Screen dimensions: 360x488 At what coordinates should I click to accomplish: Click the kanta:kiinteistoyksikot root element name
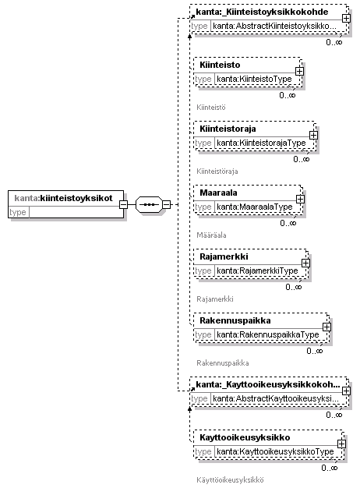click(63, 198)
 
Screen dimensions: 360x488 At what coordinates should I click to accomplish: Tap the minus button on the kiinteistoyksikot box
click(124, 204)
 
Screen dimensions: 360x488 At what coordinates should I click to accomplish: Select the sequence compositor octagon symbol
click(149, 204)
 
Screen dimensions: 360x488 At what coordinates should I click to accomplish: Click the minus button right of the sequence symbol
click(167, 204)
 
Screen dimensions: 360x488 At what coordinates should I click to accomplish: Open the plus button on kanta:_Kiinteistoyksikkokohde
click(346, 19)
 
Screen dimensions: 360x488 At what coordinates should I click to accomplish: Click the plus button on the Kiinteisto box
click(299, 72)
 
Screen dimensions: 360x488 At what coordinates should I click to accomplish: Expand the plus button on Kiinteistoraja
click(313, 136)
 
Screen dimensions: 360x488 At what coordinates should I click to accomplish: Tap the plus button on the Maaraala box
click(300, 200)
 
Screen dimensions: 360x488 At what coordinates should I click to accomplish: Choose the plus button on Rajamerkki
click(305, 263)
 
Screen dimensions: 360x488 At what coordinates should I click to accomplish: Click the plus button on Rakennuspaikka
click(326, 327)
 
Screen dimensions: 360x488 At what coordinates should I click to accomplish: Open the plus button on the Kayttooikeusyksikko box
click(341, 444)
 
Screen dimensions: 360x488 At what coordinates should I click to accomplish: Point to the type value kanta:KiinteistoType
click(254, 79)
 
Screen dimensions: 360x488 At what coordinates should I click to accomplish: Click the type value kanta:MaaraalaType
click(255, 207)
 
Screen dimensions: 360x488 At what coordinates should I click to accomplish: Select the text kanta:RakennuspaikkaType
click(268, 334)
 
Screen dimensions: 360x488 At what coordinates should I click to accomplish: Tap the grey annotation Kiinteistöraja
click(217, 172)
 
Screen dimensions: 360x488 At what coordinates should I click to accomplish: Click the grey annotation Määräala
click(211, 235)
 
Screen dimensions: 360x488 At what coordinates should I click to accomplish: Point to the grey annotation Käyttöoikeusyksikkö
click(230, 480)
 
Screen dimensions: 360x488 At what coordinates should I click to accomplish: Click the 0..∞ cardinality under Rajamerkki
click(294, 287)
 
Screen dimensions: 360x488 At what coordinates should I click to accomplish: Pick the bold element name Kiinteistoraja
click(228, 129)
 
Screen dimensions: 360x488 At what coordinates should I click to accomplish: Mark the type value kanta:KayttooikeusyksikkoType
click(275, 451)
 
